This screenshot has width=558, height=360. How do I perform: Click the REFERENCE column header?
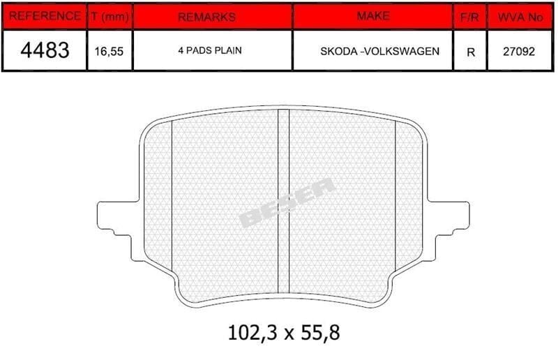pyautogui.click(x=43, y=16)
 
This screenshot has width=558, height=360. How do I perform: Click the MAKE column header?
pyautogui.click(x=372, y=15)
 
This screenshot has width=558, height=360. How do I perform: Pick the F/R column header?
pyautogui.click(x=469, y=16)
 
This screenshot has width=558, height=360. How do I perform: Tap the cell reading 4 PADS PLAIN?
pyautogui.click(x=211, y=51)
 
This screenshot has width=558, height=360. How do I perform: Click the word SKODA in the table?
pyautogui.click(x=339, y=51)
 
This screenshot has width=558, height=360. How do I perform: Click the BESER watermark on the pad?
pyautogui.click(x=287, y=203)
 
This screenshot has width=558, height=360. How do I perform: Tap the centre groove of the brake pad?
pyautogui.click(x=284, y=202)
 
